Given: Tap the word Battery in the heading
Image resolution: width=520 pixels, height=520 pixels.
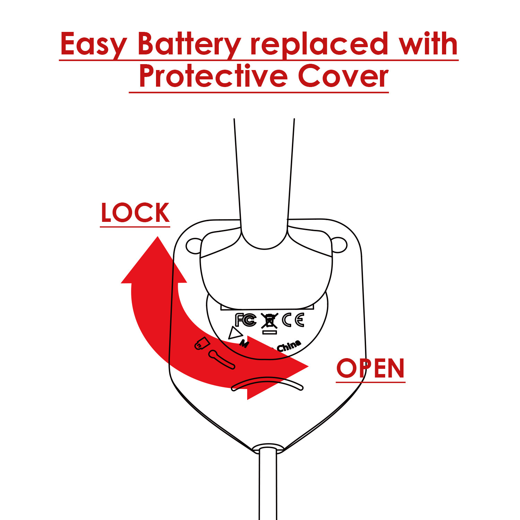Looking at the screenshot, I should pyautogui.click(x=189, y=44).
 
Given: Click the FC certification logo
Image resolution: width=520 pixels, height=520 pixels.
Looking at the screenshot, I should pyautogui.click(x=245, y=320).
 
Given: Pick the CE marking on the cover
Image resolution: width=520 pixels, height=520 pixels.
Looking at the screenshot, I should pyautogui.click(x=293, y=320).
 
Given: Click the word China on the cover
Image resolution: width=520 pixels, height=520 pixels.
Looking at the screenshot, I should pyautogui.click(x=289, y=346).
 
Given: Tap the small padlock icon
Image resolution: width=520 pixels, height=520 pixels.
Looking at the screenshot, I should pyautogui.click(x=202, y=344).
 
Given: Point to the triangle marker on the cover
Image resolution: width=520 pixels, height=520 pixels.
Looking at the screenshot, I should pyautogui.click(x=235, y=333).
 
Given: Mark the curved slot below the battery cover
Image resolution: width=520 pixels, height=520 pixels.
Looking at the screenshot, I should pyautogui.click(x=267, y=384).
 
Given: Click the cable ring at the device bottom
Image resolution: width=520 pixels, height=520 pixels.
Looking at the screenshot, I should pyautogui.click(x=268, y=448).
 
